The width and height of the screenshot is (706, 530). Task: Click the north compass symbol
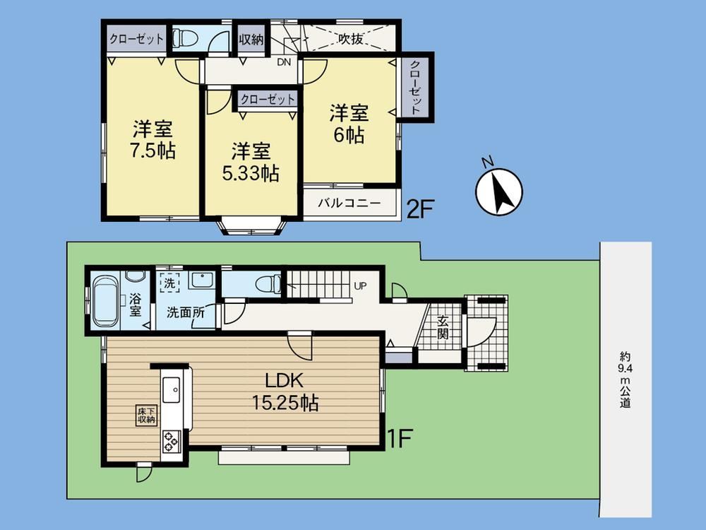click(x=498, y=191)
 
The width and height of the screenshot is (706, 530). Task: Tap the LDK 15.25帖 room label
click(x=285, y=391)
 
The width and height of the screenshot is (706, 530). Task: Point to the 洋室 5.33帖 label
click(x=251, y=162)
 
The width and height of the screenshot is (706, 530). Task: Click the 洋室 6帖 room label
click(x=349, y=124)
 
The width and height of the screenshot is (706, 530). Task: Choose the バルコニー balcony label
click(x=349, y=203)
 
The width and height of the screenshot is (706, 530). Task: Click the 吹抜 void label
click(x=351, y=39)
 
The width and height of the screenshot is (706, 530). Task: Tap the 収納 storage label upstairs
click(x=251, y=39)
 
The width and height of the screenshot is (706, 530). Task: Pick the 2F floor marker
click(x=419, y=208)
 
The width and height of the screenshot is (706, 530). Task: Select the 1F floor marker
click(x=400, y=438)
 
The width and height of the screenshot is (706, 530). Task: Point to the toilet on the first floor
click(x=268, y=284)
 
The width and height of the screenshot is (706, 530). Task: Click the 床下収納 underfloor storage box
click(x=147, y=415)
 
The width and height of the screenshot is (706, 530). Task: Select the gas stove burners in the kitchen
click(x=172, y=441)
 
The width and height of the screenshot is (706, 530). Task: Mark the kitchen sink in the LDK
click(x=172, y=390)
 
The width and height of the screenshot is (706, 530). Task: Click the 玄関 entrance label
click(x=443, y=328)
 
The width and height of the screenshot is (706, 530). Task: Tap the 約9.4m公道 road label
click(x=625, y=380)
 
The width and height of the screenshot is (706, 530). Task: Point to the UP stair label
click(x=360, y=285)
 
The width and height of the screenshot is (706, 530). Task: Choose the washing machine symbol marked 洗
click(x=169, y=283)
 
